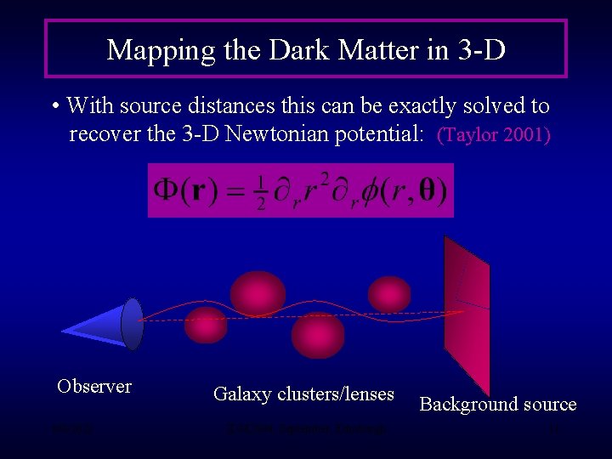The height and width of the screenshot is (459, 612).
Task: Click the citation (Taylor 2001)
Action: click(x=494, y=135)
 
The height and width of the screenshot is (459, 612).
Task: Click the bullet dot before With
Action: click(x=55, y=107)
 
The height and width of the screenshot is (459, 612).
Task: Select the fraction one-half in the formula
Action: click(x=262, y=190)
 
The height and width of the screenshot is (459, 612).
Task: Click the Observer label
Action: click(x=94, y=386)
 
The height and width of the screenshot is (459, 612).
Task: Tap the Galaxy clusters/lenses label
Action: click(x=303, y=394)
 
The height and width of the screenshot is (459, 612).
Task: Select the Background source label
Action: click(x=498, y=404)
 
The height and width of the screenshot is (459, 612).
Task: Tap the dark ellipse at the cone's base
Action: click(x=133, y=324)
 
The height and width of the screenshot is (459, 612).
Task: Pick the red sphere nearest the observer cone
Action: click(x=206, y=325)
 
